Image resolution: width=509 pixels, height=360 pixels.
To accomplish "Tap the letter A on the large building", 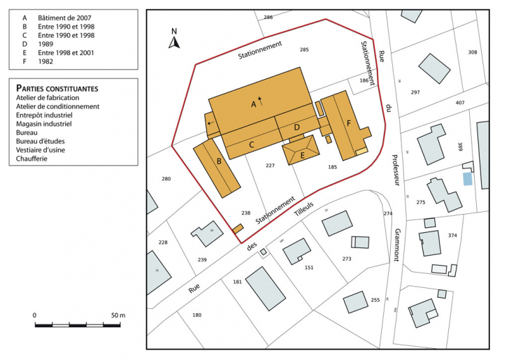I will tap(254, 103).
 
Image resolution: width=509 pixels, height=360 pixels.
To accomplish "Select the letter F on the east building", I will tap(347, 123).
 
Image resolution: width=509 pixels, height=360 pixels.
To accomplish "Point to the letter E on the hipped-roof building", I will tap(302, 155).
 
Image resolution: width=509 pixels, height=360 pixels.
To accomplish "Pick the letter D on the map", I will tap(296, 127).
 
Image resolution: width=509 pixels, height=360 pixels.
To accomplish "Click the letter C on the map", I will tap(251, 144).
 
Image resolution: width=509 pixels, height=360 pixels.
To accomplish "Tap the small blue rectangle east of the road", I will tap(467, 179).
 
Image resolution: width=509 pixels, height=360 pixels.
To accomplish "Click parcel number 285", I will tap(304, 50).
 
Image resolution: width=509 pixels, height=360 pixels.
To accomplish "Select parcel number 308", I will tap(473, 52).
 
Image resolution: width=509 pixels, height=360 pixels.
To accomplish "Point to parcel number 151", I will tap(309, 268).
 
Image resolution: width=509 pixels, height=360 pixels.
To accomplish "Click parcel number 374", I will tap(452, 236).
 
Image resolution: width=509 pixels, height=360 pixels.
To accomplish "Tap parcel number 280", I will tap(166, 180).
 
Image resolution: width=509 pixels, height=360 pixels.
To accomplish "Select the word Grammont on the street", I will tap(396, 245).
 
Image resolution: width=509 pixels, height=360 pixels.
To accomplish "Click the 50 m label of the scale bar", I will tap(117, 315).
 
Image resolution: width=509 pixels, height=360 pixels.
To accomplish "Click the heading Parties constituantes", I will tap(57, 89).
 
